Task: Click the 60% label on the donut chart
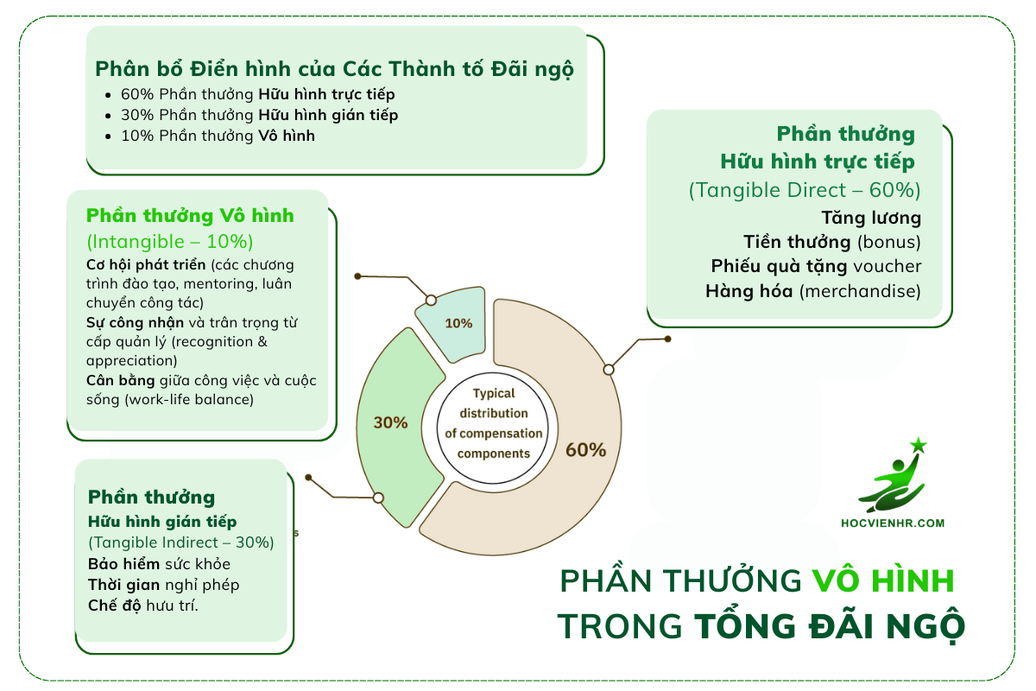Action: click(x=585, y=450)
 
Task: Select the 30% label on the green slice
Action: click(x=390, y=422)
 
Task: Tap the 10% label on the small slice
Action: click(x=458, y=323)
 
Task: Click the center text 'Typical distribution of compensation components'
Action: click(x=494, y=423)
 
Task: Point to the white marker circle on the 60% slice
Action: click(x=609, y=370)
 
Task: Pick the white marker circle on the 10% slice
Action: click(x=430, y=300)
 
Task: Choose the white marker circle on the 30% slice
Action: click(x=377, y=498)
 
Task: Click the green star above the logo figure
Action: click(x=918, y=446)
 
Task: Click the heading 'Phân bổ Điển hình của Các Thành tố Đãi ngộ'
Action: click(x=334, y=68)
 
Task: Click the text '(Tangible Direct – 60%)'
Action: click(x=805, y=190)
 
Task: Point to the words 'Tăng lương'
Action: click(x=871, y=218)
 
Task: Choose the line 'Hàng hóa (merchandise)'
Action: click(x=812, y=290)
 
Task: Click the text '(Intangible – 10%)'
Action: click(x=169, y=241)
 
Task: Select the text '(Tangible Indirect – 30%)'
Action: click(x=181, y=542)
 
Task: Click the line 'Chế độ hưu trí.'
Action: click(x=143, y=605)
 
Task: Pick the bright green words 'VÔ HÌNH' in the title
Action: click(x=884, y=581)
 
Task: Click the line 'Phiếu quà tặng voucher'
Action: click(x=816, y=266)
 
